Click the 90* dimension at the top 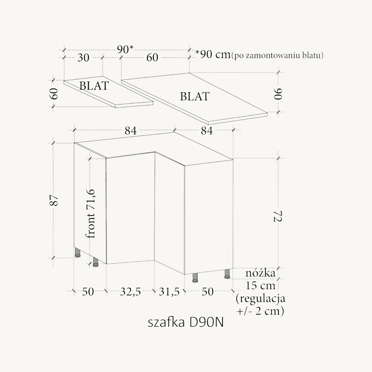[x=125, y=49]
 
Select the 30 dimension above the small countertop [x=83, y=58]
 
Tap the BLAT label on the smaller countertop [x=94, y=86]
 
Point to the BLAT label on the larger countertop [x=195, y=96]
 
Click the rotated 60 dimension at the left [x=54, y=94]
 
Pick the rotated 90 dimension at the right [x=278, y=94]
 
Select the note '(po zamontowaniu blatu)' [x=277, y=55]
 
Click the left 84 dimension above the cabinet [x=131, y=130]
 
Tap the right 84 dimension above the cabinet [x=207, y=130]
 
